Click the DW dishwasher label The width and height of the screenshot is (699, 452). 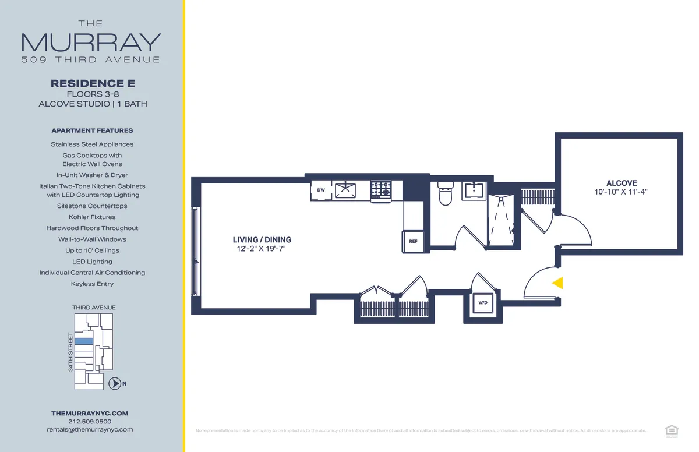pos(321,190)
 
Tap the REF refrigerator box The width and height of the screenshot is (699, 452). pos(413,241)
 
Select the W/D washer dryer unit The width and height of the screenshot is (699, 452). pos(483,303)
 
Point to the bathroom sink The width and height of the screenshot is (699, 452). pos(474,190)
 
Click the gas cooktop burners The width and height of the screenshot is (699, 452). pos(382,189)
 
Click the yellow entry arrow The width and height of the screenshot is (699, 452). pos(557,283)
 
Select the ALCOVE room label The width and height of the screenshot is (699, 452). pos(621,183)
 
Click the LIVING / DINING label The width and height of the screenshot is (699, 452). pos(262,240)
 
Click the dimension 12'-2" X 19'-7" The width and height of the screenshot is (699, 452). pos(262,249)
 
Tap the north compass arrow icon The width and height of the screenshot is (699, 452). pos(115,383)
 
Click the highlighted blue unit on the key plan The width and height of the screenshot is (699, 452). pos(85,341)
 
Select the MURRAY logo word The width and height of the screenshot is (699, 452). pos(91,42)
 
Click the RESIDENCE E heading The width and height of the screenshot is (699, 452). pos(93,84)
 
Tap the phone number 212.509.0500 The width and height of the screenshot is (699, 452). pos(90,421)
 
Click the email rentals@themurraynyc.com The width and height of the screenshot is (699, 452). pos(90,429)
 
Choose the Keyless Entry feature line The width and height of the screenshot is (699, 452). pos(92,284)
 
